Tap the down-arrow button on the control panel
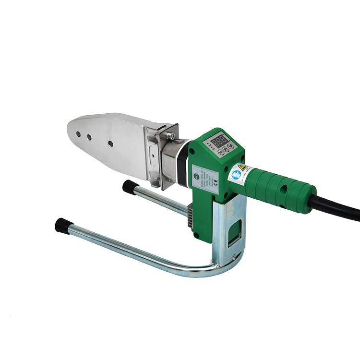231,147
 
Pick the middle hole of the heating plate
89,137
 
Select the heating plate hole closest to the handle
110,144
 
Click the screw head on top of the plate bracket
171,136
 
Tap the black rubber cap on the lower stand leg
61,224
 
